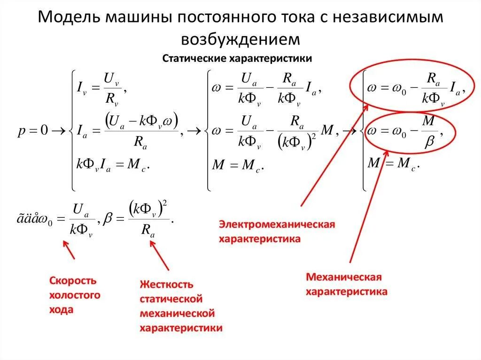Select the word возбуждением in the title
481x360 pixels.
[240, 39]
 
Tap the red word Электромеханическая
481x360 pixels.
[277, 224]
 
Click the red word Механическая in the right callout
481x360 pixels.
[343, 277]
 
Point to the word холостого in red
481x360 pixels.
[75, 295]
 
